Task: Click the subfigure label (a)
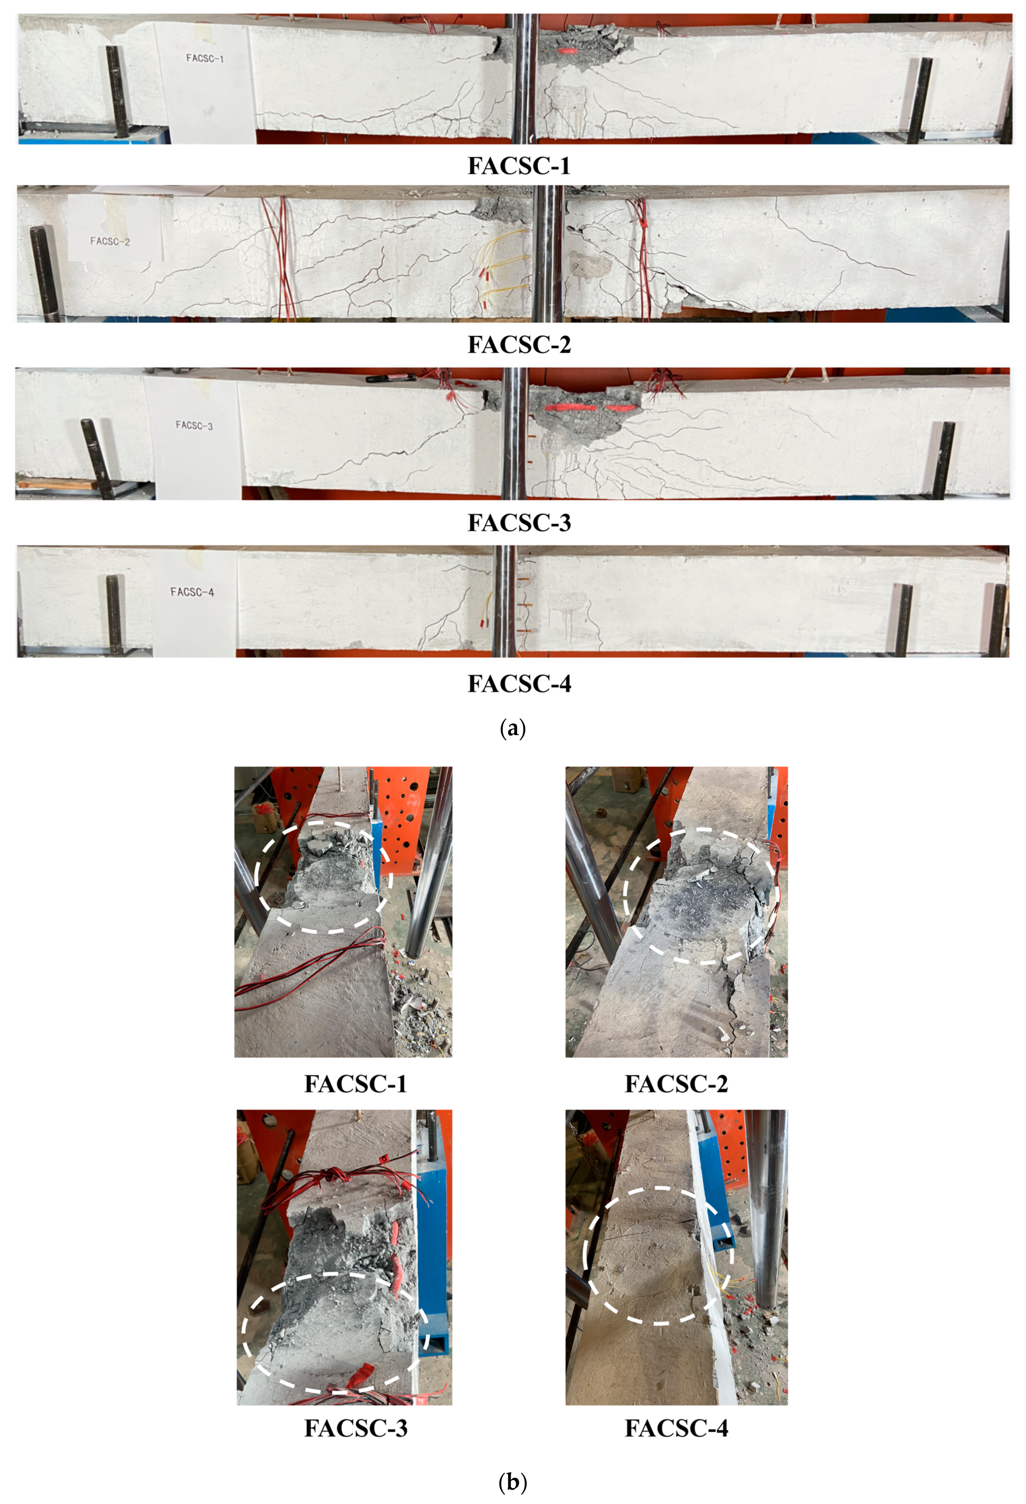click(513, 729)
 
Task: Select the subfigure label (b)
click(513, 1482)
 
